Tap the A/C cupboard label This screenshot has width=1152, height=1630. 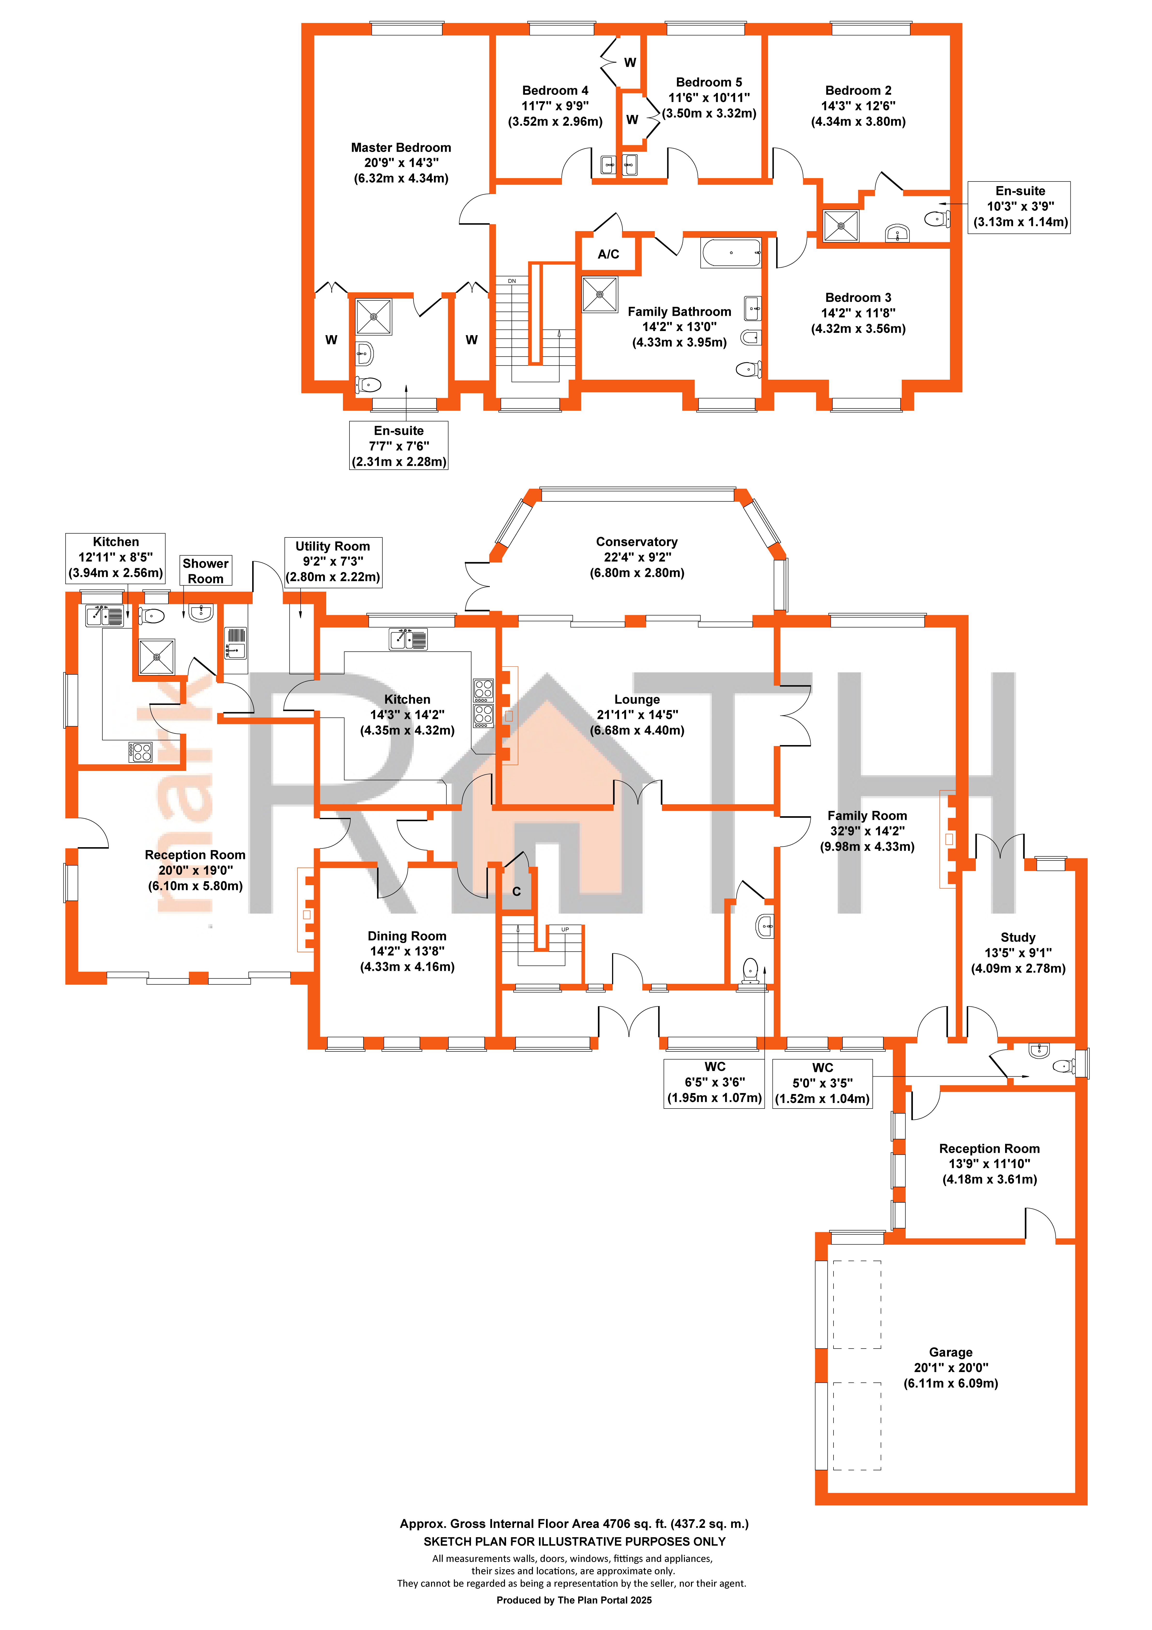coord(608,254)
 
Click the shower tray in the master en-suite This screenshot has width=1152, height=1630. coord(374,317)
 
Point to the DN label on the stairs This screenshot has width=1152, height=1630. coord(511,281)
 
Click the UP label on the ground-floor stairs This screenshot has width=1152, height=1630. coord(565,929)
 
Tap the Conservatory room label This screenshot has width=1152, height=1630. coord(636,542)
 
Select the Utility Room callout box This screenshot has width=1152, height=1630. coord(333,562)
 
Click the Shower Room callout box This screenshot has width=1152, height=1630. coord(205,571)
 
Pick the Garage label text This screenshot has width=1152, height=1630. coord(950,1352)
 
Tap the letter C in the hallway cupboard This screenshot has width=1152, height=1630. coord(516,892)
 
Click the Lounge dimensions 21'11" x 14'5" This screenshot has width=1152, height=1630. coord(637,715)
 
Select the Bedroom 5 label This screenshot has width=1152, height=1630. coord(709,82)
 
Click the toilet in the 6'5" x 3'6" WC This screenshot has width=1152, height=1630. coord(750,969)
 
